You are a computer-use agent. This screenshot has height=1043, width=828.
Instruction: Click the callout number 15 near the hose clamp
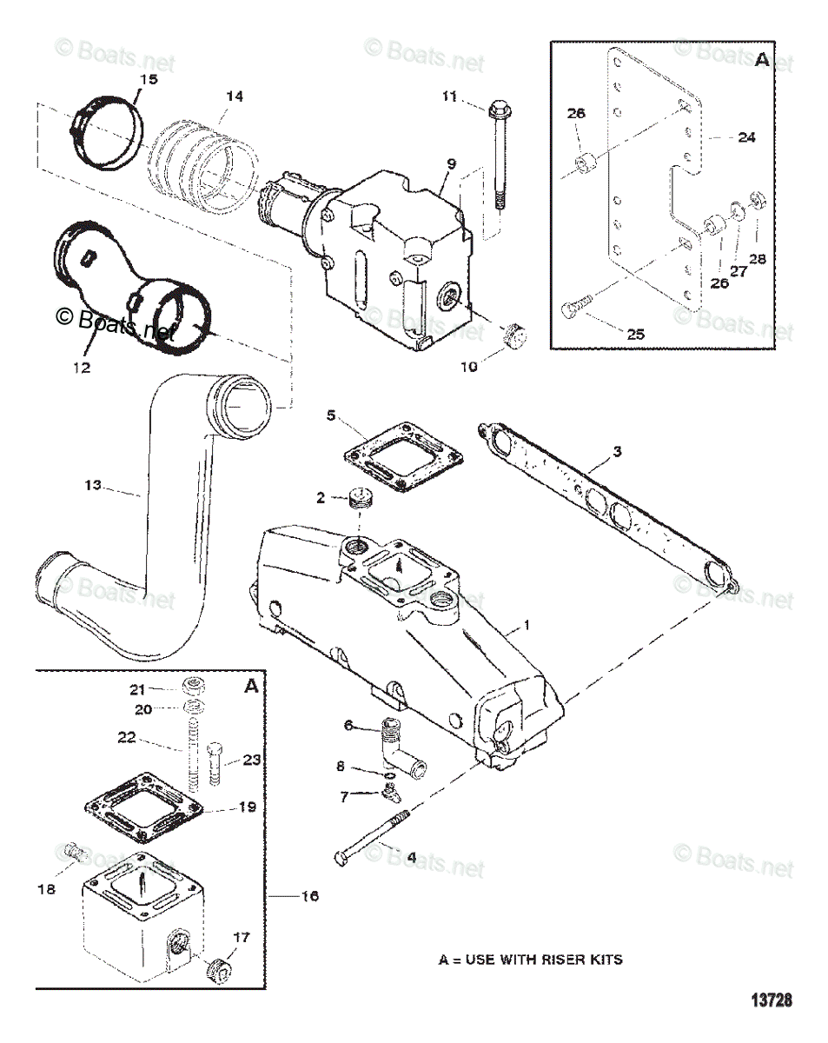(149, 80)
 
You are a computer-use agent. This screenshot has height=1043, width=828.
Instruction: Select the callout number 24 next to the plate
(746, 136)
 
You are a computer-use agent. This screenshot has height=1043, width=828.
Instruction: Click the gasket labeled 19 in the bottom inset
(144, 807)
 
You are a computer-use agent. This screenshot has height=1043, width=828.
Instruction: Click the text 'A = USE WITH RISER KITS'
(530, 960)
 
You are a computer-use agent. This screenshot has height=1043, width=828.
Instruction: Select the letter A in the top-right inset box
(762, 60)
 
